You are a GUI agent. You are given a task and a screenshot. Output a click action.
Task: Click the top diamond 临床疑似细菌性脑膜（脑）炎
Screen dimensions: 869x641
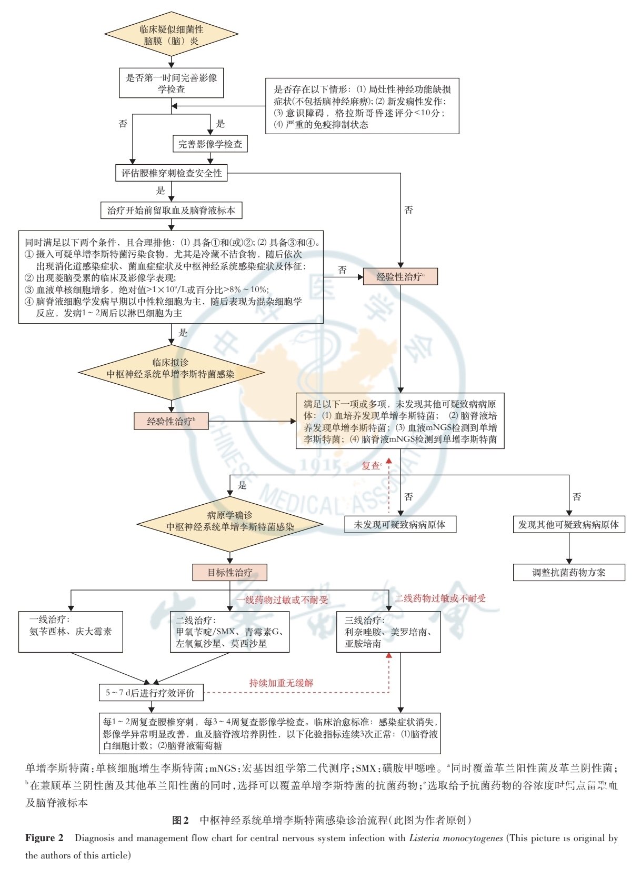pos(171,35)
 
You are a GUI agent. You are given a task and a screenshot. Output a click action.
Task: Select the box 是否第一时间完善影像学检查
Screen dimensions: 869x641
pos(171,83)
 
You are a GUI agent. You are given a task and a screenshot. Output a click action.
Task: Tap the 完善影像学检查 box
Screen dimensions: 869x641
pos(210,144)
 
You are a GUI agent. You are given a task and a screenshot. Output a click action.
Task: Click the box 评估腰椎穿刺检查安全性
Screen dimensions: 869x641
pos(172,173)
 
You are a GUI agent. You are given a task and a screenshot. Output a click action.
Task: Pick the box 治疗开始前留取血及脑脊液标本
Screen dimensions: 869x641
pos(171,211)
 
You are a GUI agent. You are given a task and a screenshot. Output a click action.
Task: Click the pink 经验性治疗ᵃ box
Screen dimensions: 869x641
pos(400,276)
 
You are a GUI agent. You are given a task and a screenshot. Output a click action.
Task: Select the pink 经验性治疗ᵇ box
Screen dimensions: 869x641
pos(171,421)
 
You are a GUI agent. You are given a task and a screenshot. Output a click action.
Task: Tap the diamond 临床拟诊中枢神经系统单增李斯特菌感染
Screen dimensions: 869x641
pos(171,369)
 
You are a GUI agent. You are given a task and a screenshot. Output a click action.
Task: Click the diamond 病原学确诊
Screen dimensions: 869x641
pos(230,521)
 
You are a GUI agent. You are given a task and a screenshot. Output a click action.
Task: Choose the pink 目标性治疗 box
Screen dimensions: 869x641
pos(229,572)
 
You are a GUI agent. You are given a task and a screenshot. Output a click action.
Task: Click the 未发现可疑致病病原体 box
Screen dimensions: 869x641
pos(399,524)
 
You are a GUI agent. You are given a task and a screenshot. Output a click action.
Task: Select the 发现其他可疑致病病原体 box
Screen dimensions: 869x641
pos(568,524)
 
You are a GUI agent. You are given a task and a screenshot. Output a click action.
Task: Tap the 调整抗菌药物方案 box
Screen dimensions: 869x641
pos(568,572)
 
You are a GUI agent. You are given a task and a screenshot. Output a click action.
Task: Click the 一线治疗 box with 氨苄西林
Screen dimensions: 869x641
pos(71,631)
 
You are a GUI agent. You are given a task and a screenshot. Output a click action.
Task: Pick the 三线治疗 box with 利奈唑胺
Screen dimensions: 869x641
pos(388,632)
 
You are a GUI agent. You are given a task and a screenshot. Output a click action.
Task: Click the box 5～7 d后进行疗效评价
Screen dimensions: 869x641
pos(151,692)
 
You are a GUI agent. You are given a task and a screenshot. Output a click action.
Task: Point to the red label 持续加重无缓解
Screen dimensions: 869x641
pos(281,683)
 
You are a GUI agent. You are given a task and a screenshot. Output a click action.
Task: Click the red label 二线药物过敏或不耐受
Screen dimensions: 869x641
pos(440,598)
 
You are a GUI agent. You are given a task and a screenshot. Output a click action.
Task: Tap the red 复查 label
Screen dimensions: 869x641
pos(371,465)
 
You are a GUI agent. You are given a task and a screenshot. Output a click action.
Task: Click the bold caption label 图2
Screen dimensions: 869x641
pos(181,820)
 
